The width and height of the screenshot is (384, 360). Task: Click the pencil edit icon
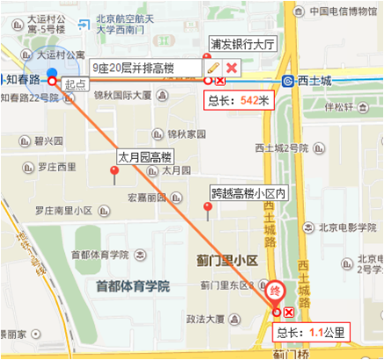pyautogui.click(x=213, y=67)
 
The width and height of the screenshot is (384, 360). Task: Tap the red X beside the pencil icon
pyautogui.click(x=231, y=68)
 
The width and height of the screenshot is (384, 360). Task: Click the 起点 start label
pyautogui.click(x=76, y=83)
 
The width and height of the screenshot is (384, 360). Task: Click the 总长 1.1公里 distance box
pyautogui.click(x=311, y=333)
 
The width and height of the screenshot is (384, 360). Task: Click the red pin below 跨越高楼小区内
pyautogui.click(x=207, y=209)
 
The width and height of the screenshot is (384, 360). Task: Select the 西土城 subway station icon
pyautogui.click(x=288, y=81)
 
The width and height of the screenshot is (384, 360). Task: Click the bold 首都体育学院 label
pyautogui.click(x=132, y=285)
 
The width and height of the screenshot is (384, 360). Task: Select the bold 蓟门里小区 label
pyautogui.click(x=227, y=261)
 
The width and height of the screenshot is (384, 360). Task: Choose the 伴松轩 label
pyautogui.click(x=338, y=108)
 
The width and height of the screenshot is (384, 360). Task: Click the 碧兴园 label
pyautogui.click(x=50, y=140)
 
